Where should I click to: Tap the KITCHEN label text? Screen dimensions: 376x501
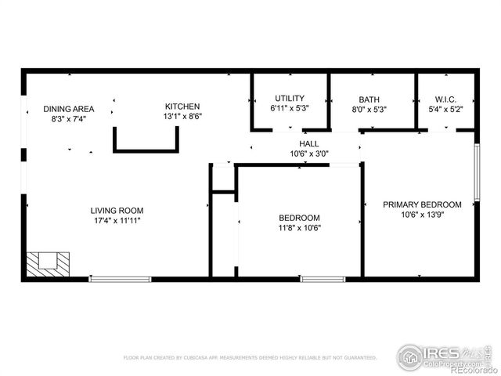coord(182,107)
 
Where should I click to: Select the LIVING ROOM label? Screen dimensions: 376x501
coord(117,210)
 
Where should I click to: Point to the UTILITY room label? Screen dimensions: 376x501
coord(289,99)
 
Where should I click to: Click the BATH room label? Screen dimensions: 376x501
coord(369,99)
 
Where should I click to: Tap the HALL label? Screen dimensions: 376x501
coord(308,144)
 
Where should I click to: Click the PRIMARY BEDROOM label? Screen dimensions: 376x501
coord(421,204)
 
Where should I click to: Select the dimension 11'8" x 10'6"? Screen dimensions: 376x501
coord(300,228)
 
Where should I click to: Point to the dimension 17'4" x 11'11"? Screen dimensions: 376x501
coord(117,220)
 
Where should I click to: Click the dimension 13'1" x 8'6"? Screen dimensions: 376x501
coord(182,117)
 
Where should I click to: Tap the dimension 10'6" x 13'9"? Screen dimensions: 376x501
coord(421,215)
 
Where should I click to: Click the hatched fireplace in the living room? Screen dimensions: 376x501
coord(47,262)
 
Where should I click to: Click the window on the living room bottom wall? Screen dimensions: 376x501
coord(120,278)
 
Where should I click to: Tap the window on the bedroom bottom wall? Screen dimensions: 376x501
coord(323,278)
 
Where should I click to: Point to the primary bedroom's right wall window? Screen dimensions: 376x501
coord(477,171)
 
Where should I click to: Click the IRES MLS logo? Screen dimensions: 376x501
coord(443,356)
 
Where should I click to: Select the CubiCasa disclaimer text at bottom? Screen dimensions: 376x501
coord(250,357)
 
